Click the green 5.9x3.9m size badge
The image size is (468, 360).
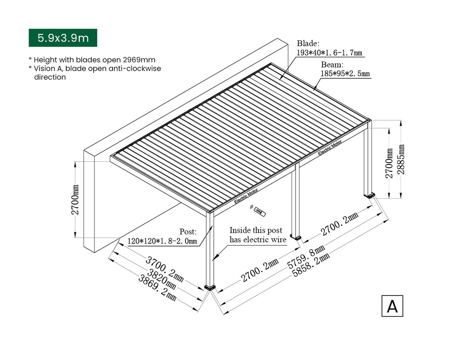[x=63, y=38]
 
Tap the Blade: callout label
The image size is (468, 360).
[x=308, y=43]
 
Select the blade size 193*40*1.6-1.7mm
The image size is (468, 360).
[x=329, y=53]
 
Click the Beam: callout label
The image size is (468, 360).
[x=332, y=65]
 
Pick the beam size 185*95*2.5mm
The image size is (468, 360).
[x=345, y=74]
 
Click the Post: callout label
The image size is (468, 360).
[x=188, y=231]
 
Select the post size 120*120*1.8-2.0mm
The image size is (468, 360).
[x=162, y=241]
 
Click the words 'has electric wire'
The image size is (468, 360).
[x=258, y=240]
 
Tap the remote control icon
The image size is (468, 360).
[x=260, y=211]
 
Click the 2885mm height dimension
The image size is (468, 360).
[x=401, y=159]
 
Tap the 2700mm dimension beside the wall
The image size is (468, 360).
[x=75, y=199]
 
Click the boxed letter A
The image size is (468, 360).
[x=392, y=306]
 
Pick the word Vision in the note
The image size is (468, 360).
[x=45, y=68]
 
